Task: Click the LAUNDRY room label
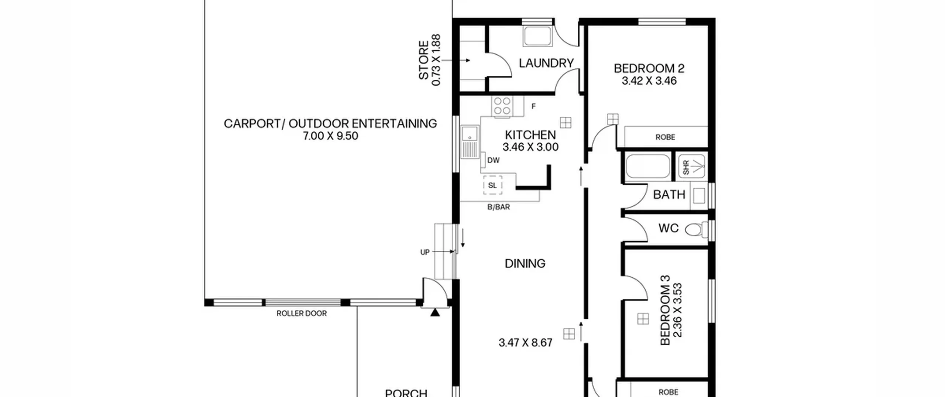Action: click(x=546, y=63)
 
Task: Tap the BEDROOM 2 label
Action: click(x=649, y=68)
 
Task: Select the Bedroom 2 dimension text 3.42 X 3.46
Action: click(x=649, y=81)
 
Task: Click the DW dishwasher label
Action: click(x=493, y=160)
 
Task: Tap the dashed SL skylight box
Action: click(x=493, y=185)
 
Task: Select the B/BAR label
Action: click(x=498, y=207)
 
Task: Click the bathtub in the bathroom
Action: click(x=648, y=166)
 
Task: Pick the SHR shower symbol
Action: click(x=692, y=167)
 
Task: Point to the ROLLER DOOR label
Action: click(x=302, y=314)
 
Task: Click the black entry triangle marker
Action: click(x=435, y=312)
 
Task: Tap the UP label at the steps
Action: click(x=425, y=252)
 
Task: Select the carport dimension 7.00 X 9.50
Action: click(x=330, y=136)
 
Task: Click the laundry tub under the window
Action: click(x=537, y=37)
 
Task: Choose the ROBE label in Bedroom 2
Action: click(x=665, y=137)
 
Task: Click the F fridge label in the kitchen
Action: click(x=533, y=106)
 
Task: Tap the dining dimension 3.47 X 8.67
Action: click(x=526, y=343)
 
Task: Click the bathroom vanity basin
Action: click(x=699, y=195)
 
